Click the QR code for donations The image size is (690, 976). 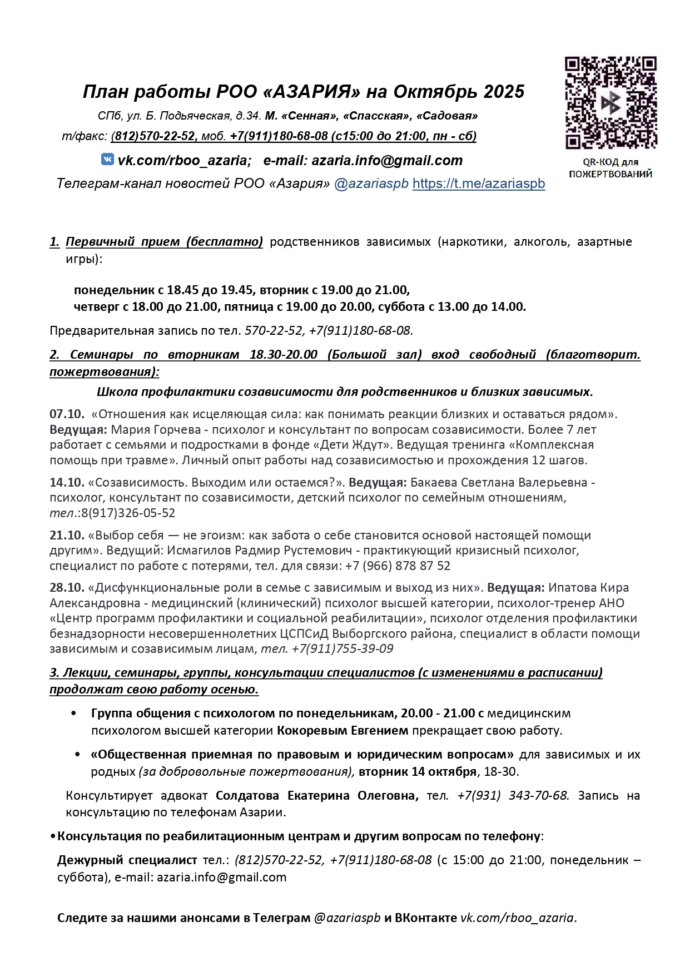[610, 102]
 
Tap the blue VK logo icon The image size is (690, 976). [107, 160]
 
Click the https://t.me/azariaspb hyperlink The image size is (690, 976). [478, 184]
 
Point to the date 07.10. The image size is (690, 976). [67, 414]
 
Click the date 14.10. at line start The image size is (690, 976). [67, 482]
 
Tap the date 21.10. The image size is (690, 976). [67, 535]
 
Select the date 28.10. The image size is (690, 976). [67, 587]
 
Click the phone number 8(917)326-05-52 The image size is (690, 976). [128, 513]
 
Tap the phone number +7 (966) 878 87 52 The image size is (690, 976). [398, 566]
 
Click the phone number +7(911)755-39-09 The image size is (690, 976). [342, 648]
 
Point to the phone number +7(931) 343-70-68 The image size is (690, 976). [513, 795]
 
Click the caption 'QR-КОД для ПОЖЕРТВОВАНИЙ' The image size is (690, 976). [610, 168]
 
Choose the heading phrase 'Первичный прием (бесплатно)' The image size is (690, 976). [164, 242]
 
